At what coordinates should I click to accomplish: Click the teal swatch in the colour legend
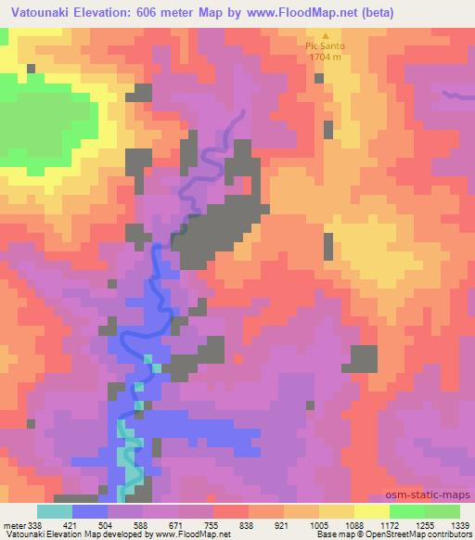pyautogui.click(x=55, y=510)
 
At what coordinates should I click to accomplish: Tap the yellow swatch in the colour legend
pyautogui.click(x=372, y=510)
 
